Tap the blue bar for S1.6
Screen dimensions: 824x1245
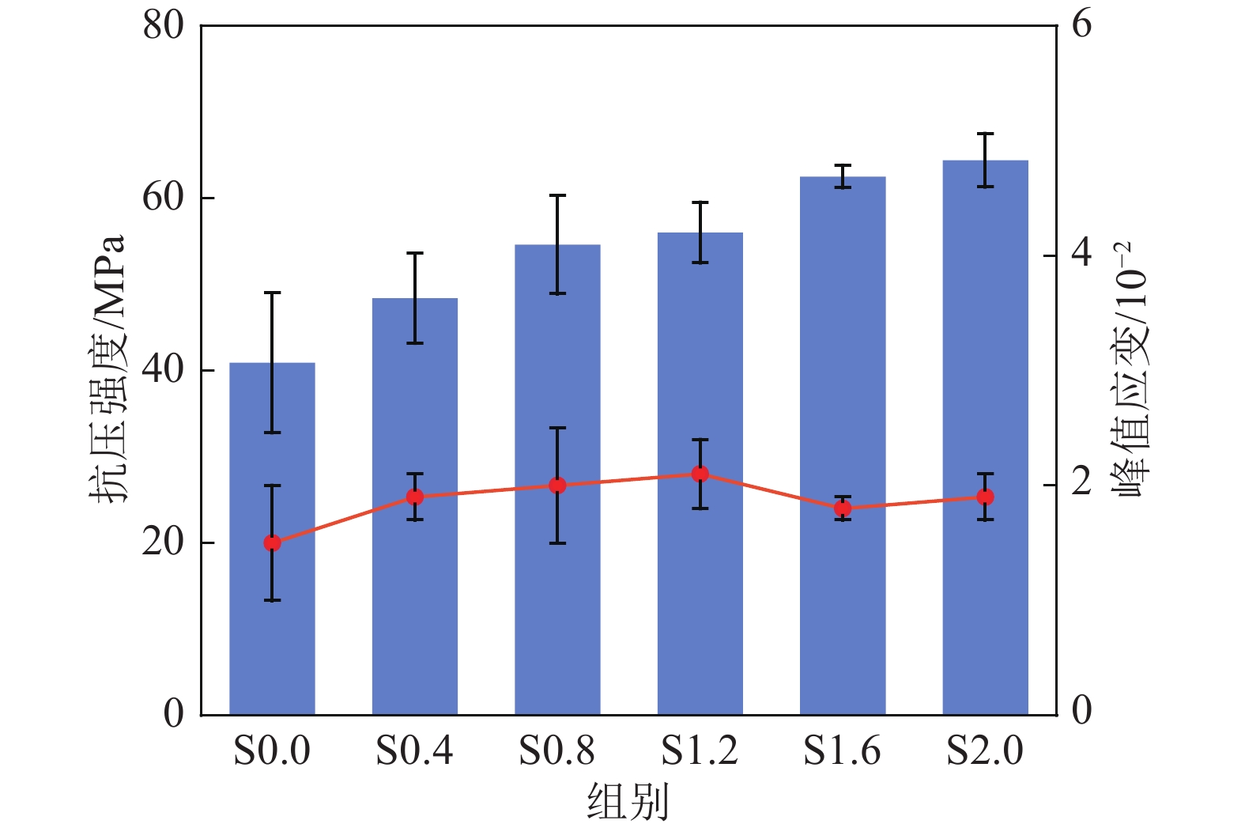843,617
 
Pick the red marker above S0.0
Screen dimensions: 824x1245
272,542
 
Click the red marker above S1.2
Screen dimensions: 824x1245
700,474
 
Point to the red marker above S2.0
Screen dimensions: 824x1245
985,497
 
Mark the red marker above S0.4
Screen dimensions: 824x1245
415,497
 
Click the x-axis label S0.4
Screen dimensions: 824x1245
414,750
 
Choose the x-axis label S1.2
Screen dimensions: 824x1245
700,750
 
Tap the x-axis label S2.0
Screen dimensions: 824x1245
985,750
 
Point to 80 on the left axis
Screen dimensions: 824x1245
163,25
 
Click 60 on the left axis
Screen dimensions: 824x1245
163,198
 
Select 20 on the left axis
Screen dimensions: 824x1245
163,542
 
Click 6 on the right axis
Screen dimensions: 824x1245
1081,25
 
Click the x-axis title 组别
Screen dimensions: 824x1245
628,801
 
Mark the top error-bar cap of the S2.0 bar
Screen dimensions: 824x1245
985,134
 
